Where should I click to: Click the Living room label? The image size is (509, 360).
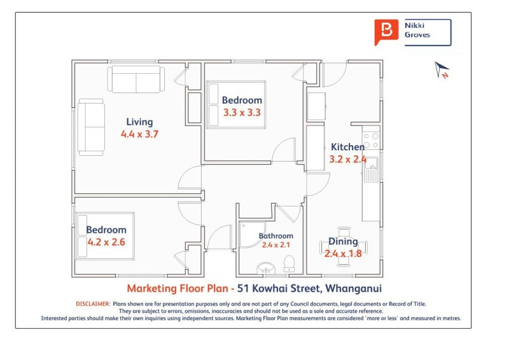[139, 122]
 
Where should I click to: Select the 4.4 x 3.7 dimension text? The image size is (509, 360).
[139, 134]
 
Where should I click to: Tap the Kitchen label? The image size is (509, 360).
[347, 147]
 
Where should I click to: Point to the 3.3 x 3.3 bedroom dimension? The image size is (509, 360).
[242, 113]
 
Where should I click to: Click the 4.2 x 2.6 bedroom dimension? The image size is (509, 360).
[106, 242]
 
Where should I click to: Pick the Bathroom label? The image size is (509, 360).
[276, 236]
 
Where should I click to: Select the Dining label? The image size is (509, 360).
[343, 242]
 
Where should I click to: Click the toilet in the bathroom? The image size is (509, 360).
[289, 263]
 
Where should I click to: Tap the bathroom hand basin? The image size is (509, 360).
[266, 268]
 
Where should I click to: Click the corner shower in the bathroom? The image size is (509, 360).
[252, 234]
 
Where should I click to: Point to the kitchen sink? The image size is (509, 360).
[372, 169]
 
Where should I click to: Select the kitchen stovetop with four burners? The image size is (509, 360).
[371, 140]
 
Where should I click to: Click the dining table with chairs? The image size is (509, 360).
[344, 247]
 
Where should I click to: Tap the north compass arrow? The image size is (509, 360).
[442, 69]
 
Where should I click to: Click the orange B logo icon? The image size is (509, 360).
[386, 32]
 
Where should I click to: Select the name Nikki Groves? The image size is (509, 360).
[417, 30]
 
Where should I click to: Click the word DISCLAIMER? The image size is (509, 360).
[93, 304]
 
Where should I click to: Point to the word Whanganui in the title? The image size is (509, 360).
[354, 288]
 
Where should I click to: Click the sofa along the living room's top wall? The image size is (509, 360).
[136, 80]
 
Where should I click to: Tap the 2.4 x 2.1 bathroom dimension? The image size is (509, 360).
[276, 245]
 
